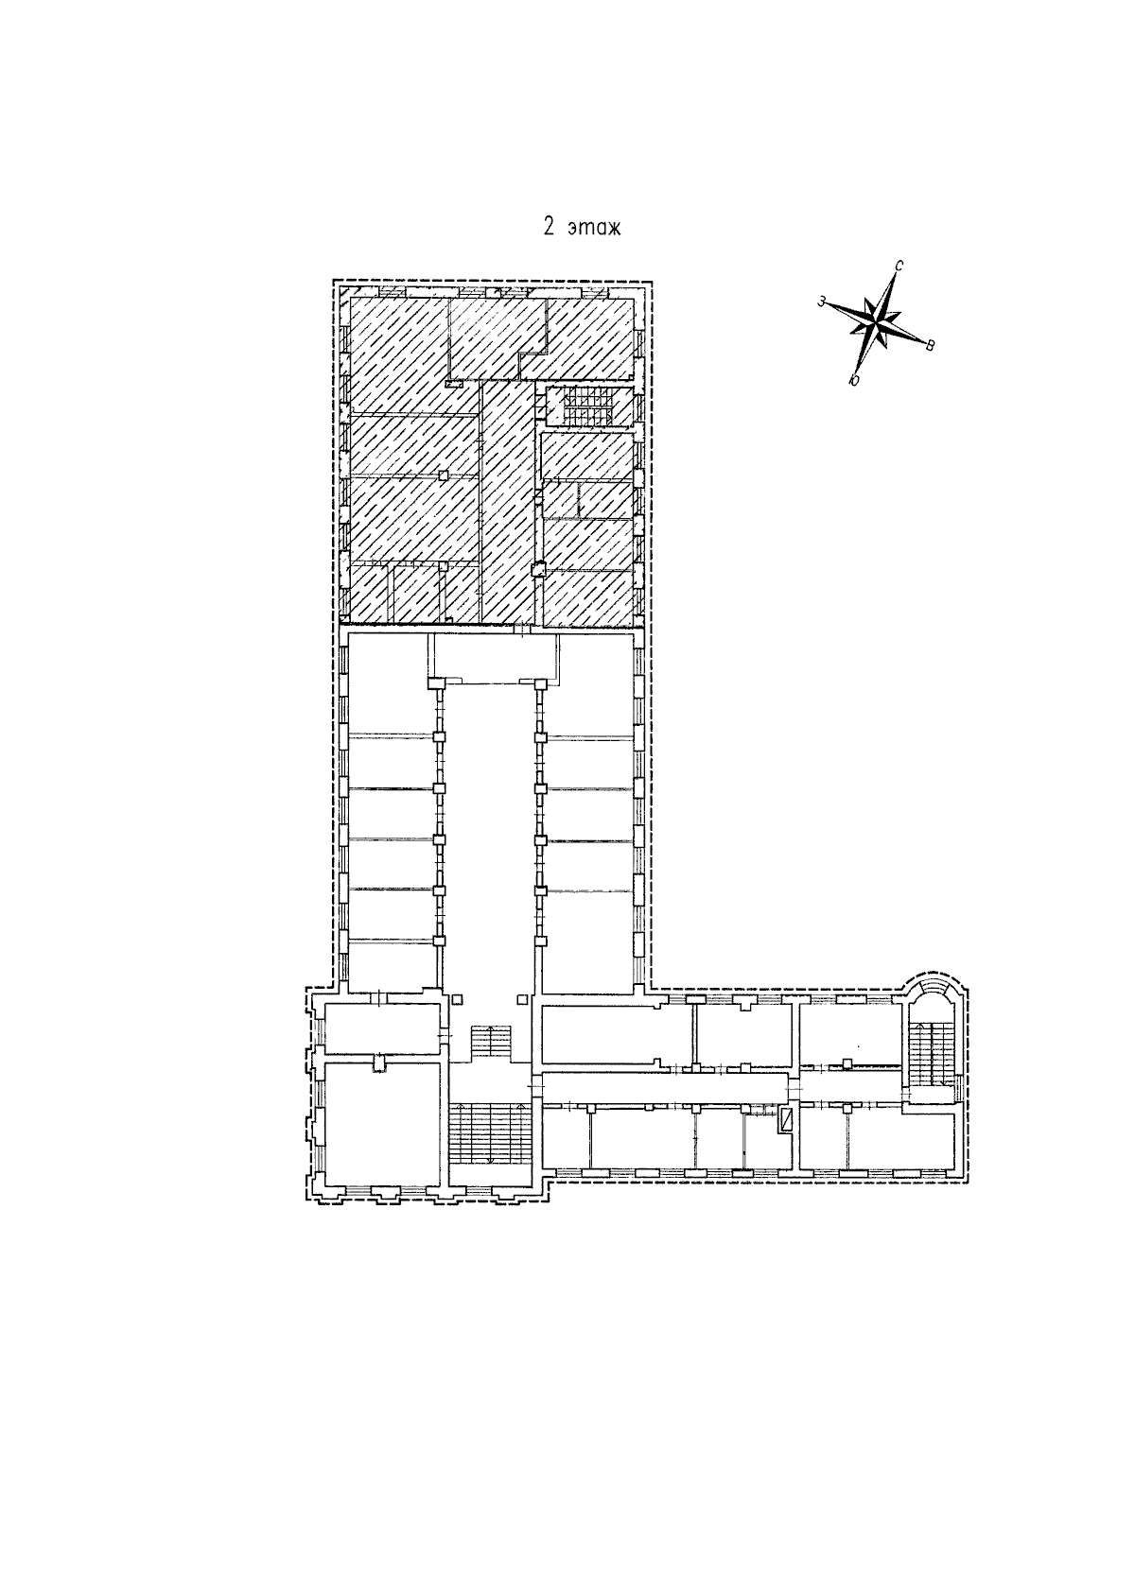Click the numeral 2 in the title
549,228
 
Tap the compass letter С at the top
899,266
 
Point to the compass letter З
821,302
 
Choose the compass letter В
930,345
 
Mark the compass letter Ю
853,380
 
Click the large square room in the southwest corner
383,1123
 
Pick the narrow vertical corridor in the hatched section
507,502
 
